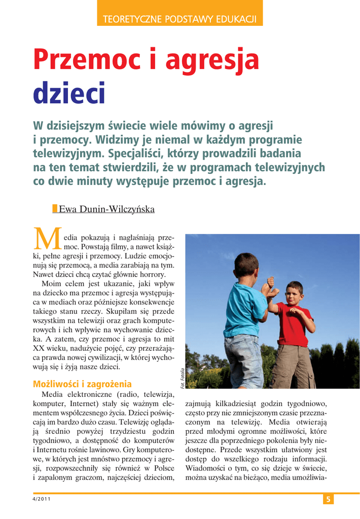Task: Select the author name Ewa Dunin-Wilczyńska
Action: click(x=106, y=209)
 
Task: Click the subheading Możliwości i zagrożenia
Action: click(x=82, y=384)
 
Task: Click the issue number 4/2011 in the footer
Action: click(x=44, y=500)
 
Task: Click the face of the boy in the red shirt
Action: click(x=294, y=293)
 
